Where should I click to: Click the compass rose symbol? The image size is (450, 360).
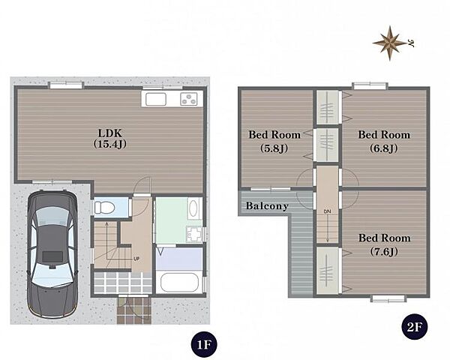coord(389,43)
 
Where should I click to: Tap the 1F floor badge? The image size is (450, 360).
coord(204,344)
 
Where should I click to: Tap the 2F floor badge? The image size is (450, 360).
coord(415,326)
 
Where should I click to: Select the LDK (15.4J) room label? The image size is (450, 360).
coord(110,138)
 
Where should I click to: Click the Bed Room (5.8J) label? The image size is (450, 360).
coord(274,141)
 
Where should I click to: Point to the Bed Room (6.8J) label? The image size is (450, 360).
coord(384,141)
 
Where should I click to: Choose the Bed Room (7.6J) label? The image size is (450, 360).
coord(384,244)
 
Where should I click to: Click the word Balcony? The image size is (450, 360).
coord(267,205)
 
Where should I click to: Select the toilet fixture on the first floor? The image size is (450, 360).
coord(104,207)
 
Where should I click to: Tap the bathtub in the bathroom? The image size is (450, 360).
coord(180,282)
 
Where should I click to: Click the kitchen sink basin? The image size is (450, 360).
coord(156,99)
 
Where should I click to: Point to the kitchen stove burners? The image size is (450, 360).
coord(189,99)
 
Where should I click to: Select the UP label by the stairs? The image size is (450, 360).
coord(136,259)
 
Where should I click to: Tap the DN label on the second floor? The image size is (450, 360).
coord(328,211)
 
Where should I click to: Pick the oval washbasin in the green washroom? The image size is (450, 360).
coord(193,208)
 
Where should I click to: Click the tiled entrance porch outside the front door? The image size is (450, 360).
coord(134,310)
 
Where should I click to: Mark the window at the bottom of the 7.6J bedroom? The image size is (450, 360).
coord(388,298)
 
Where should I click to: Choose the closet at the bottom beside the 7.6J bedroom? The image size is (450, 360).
coord(328,271)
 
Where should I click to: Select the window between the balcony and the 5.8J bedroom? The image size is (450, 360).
coord(271,189)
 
